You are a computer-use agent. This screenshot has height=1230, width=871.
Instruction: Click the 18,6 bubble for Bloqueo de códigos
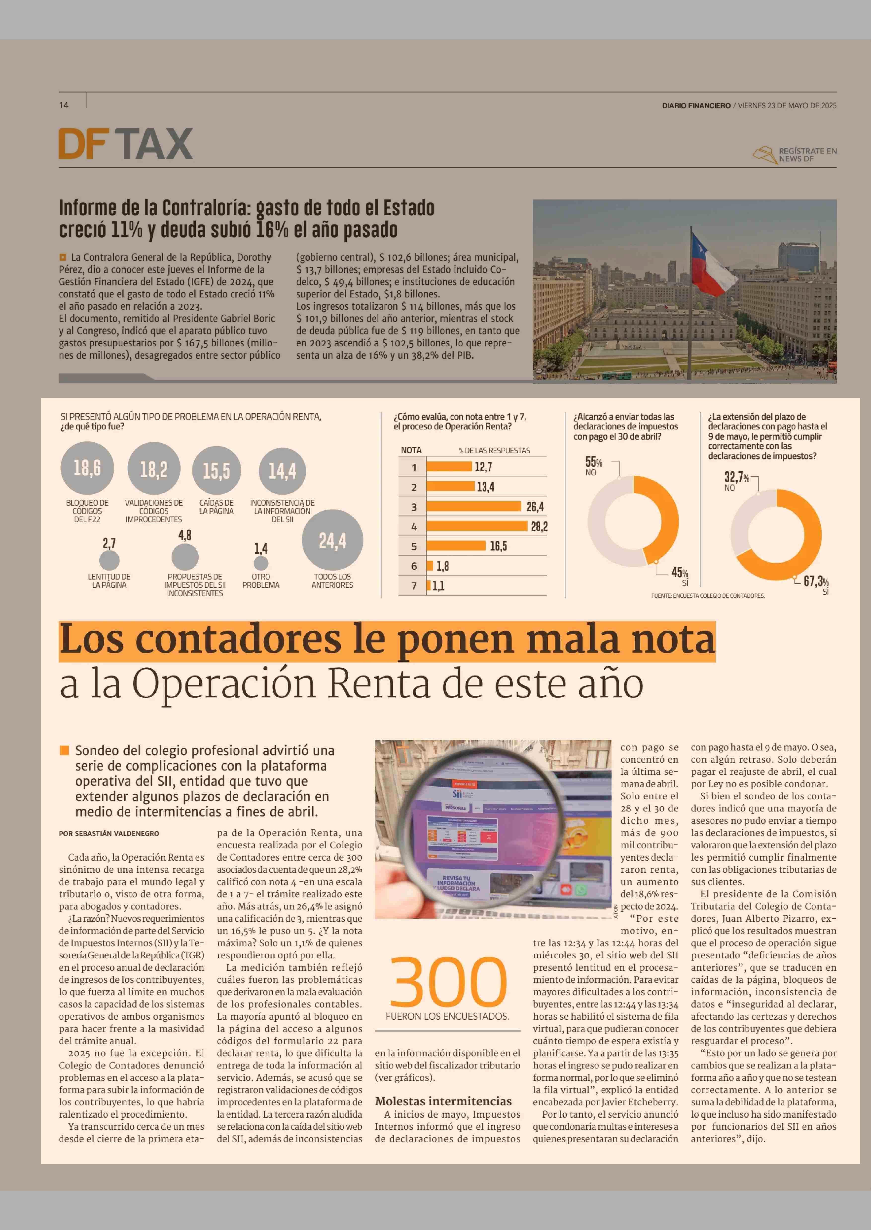coord(87,468)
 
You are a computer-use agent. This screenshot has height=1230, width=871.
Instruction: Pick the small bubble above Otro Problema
coord(261,563)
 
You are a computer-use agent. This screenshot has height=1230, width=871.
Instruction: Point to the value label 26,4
coord(535,507)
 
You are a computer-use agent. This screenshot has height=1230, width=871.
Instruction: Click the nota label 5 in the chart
coord(413,546)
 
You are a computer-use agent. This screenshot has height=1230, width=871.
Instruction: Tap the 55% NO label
coord(593,466)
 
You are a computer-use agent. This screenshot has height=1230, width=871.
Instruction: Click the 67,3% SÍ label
coord(816,585)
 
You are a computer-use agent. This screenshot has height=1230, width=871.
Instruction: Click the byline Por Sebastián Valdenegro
coord(109,833)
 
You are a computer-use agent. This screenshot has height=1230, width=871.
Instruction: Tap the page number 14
coord(64,105)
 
